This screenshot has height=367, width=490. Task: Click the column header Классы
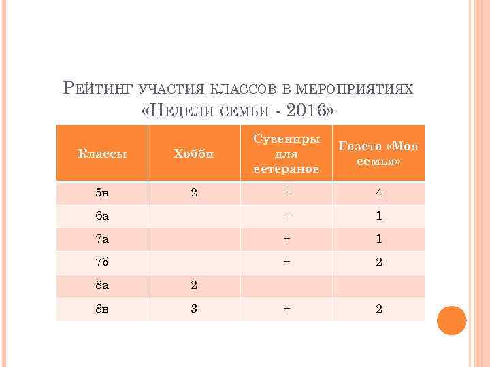pos(102,154)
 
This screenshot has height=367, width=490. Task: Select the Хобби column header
pos(194,154)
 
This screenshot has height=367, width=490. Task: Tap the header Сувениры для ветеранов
pos(287,153)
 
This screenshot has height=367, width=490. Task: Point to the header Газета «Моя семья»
pos(378,153)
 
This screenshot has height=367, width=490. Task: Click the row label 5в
pos(102,193)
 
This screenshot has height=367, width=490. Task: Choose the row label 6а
pos(101,216)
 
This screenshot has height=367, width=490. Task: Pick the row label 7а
pos(101,239)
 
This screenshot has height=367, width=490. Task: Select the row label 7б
pos(101,262)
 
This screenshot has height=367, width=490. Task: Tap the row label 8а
pos(101,285)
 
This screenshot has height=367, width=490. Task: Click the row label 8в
pos(102,309)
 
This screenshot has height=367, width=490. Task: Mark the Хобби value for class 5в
pos(194,193)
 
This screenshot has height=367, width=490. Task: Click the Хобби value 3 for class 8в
pos(194,309)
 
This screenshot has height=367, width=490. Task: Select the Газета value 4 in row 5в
pos(378,193)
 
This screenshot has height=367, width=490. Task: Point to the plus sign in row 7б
pos(287,262)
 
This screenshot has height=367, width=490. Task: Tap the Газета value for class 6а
pos(378,216)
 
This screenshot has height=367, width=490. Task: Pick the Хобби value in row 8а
pos(194,285)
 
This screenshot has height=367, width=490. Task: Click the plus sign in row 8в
pos(287,309)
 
